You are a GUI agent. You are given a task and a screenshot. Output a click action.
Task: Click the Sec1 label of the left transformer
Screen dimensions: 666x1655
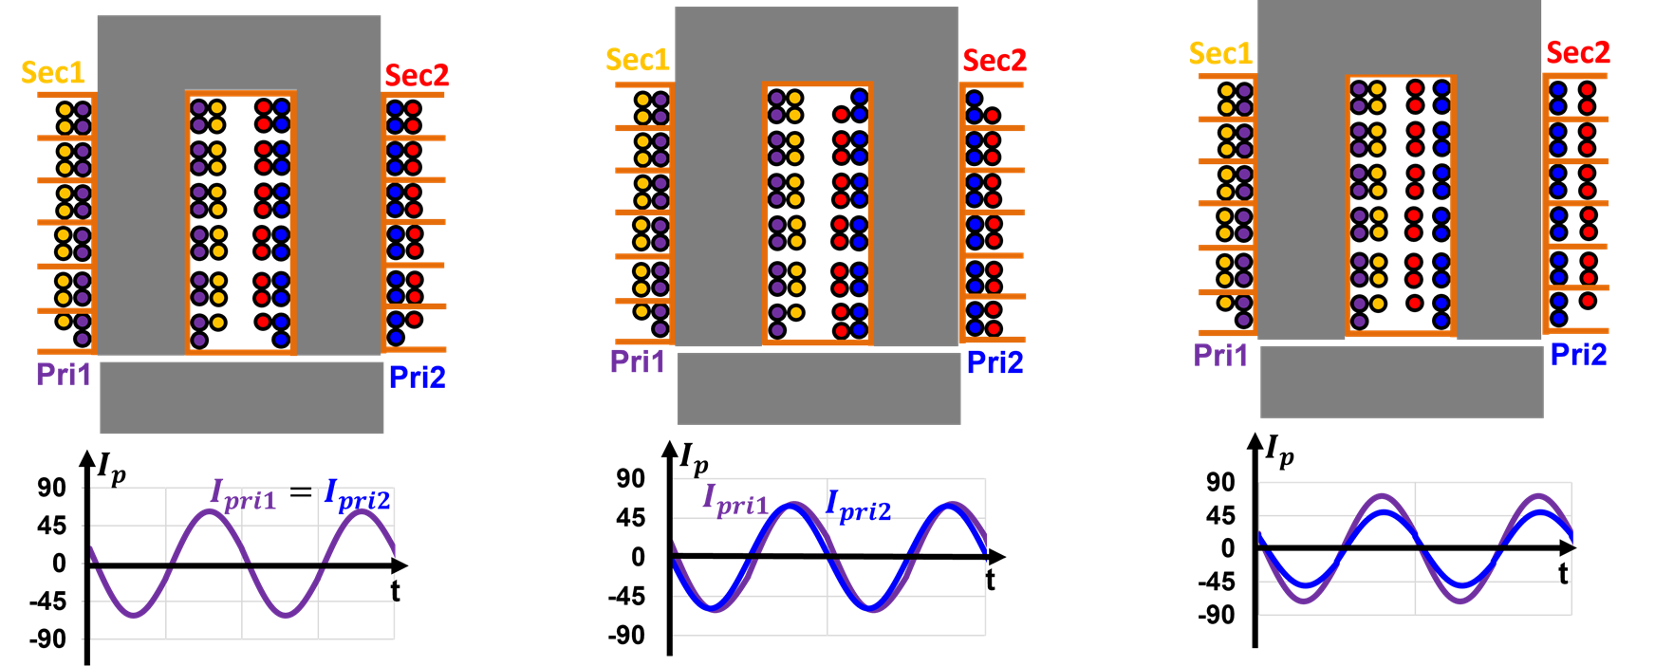pos(53,72)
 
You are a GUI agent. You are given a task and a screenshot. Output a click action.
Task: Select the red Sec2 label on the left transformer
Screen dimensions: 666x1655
pos(417,75)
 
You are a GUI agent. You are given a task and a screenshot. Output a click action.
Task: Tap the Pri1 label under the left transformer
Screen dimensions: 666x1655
pos(64,374)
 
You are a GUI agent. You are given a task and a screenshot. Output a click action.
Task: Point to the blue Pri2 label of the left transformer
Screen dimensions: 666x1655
pos(417,378)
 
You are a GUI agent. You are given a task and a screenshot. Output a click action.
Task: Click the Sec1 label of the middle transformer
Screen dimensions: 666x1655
pos(638,60)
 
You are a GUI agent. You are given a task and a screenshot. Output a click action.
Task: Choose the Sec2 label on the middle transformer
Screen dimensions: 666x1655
pos(995,61)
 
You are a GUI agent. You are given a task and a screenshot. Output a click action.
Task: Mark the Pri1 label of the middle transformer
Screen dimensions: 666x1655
pos(638,361)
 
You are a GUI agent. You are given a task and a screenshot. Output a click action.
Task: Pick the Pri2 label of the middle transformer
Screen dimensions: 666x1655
pos(995,362)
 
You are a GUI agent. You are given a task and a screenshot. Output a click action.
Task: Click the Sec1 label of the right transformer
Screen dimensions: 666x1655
pos(1220,53)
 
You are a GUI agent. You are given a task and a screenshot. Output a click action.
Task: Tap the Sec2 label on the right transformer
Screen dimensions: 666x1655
pos(1578,52)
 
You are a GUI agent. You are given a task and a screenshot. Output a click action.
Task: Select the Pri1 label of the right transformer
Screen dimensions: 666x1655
pos(1220,355)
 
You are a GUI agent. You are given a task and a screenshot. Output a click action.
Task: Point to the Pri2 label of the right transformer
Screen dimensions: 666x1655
pos(1579,355)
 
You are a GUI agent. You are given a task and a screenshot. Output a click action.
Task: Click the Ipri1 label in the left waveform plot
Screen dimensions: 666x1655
pos(244,496)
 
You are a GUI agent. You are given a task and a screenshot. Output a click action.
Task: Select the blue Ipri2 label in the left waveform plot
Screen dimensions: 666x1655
pos(358,496)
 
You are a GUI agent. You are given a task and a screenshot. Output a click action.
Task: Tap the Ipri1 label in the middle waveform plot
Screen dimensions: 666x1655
pos(735,500)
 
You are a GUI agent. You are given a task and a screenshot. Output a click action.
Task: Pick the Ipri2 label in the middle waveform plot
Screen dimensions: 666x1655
pos(859,507)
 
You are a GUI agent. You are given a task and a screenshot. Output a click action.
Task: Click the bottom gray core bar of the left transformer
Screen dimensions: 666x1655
pos(242,398)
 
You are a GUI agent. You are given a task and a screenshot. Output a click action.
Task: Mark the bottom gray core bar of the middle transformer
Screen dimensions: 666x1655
pos(818,388)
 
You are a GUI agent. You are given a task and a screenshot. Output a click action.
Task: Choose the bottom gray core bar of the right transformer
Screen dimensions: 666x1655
pos(1402,381)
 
